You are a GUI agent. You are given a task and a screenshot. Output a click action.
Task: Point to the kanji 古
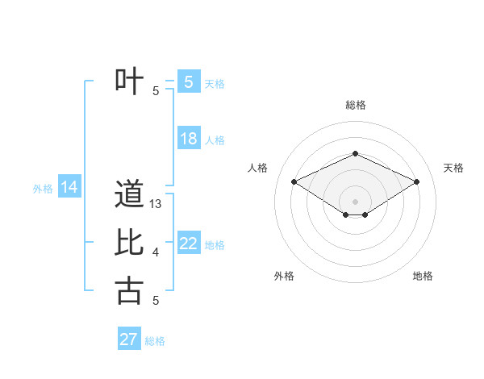pos(129,290)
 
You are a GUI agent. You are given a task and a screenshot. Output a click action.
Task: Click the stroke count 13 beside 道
pos(156,205)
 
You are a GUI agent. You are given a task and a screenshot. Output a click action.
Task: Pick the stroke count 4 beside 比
pos(156,253)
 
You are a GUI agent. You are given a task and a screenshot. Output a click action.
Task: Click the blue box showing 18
pos(189,139)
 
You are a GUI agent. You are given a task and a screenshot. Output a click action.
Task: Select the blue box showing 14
pos(69,188)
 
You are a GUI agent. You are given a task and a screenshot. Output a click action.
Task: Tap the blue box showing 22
pos(189,244)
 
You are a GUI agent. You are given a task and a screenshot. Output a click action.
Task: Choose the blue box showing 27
pos(129,339)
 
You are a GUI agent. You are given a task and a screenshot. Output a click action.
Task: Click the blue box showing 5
pos(189,82)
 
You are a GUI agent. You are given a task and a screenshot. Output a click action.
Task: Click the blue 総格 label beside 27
pos(155,341)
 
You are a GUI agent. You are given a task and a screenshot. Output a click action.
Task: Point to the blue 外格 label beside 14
pos(43,189)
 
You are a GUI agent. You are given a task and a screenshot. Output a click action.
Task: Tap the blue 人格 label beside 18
pos(215,140)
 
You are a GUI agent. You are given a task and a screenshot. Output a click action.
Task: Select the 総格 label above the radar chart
pos(355,105)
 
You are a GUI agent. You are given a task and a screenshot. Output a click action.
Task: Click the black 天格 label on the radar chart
pos(453,168)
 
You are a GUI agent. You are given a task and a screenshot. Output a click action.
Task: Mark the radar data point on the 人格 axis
pos(294,181)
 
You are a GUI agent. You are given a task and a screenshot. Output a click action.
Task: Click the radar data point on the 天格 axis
pos(417,181)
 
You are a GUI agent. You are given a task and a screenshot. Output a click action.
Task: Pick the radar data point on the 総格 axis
pos(355,153)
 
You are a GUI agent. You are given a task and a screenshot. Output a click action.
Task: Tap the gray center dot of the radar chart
pos(355,201)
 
